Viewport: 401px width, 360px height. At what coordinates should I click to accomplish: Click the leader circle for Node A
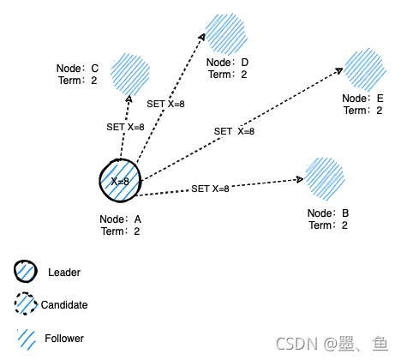[120, 181]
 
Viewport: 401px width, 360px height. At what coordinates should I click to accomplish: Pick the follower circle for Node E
[366, 69]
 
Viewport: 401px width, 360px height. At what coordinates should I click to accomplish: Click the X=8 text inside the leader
[120, 182]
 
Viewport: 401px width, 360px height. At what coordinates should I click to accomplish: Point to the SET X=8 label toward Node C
[125, 127]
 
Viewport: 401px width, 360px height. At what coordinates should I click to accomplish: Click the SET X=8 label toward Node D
[167, 104]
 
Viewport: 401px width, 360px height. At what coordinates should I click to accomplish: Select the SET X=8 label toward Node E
[234, 131]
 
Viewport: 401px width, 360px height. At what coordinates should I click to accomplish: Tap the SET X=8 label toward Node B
[210, 189]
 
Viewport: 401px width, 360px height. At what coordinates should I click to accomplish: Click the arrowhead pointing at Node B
[301, 179]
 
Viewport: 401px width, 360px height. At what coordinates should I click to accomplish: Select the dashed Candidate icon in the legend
[26, 304]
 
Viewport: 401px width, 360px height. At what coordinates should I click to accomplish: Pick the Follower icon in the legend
[26, 338]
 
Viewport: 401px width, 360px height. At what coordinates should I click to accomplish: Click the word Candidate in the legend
[64, 305]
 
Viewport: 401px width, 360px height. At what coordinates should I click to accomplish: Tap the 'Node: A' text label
[121, 219]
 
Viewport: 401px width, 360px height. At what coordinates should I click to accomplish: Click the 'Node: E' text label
[362, 99]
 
